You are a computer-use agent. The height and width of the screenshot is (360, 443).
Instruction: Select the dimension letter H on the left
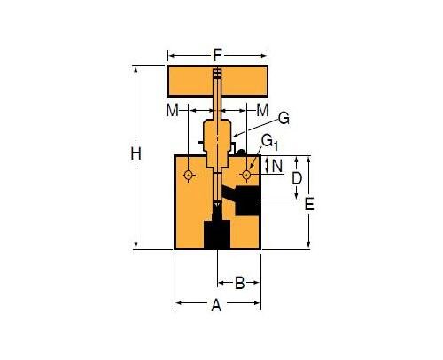click(136, 154)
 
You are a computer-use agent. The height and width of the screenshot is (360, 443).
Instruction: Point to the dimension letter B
click(239, 284)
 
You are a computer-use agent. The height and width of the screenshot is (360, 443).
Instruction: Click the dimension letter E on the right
click(309, 203)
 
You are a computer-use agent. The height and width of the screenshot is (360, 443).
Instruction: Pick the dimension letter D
click(298, 178)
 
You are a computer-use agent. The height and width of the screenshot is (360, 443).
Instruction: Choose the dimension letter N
click(277, 166)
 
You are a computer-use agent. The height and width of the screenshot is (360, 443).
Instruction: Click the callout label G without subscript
click(284, 117)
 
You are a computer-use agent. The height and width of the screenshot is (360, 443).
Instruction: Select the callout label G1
click(268, 142)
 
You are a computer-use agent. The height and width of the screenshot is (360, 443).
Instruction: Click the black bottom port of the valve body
click(217, 235)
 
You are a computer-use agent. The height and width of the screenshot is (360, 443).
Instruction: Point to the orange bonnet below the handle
click(217, 142)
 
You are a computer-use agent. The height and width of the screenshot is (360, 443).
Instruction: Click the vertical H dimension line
click(136, 204)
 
